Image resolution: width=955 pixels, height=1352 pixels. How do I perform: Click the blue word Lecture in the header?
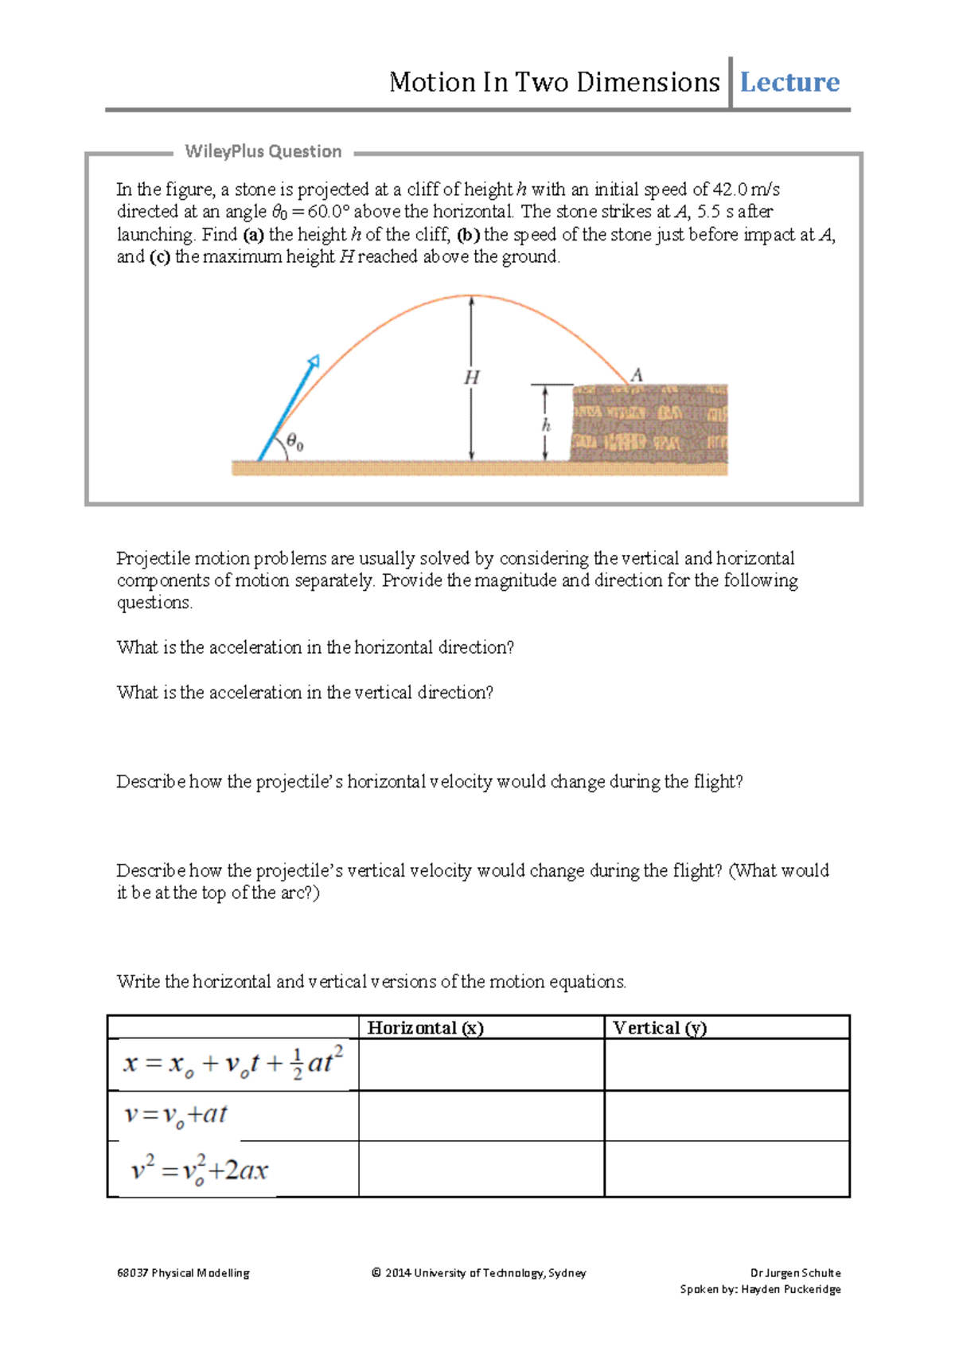coord(789,82)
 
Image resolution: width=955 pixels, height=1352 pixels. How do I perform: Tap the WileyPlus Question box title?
coord(263,151)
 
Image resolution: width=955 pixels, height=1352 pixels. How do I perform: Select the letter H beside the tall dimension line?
coord(471,377)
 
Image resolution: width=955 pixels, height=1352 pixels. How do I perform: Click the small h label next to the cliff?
coord(546,425)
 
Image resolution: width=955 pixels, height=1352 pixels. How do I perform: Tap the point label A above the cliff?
coord(637,374)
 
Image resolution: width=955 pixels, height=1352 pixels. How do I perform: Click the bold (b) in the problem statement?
coord(468,235)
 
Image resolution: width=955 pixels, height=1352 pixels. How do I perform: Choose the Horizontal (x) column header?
coord(425,1028)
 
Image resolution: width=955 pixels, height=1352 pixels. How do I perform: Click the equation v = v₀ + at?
coord(176,1115)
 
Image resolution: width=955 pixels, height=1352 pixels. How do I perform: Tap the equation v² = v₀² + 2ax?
coord(199,1170)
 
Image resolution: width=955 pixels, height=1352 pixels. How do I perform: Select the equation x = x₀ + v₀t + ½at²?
coord(232,1064)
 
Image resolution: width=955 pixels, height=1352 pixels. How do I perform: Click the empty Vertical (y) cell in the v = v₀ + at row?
coord(727,1116)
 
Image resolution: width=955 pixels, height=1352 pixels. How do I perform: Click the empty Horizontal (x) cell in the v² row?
coord(481,1169)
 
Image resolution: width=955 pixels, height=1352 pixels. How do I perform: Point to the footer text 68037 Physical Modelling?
coord(183,1273)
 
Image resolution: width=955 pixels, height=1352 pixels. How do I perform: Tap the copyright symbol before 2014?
coord(376,1273)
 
